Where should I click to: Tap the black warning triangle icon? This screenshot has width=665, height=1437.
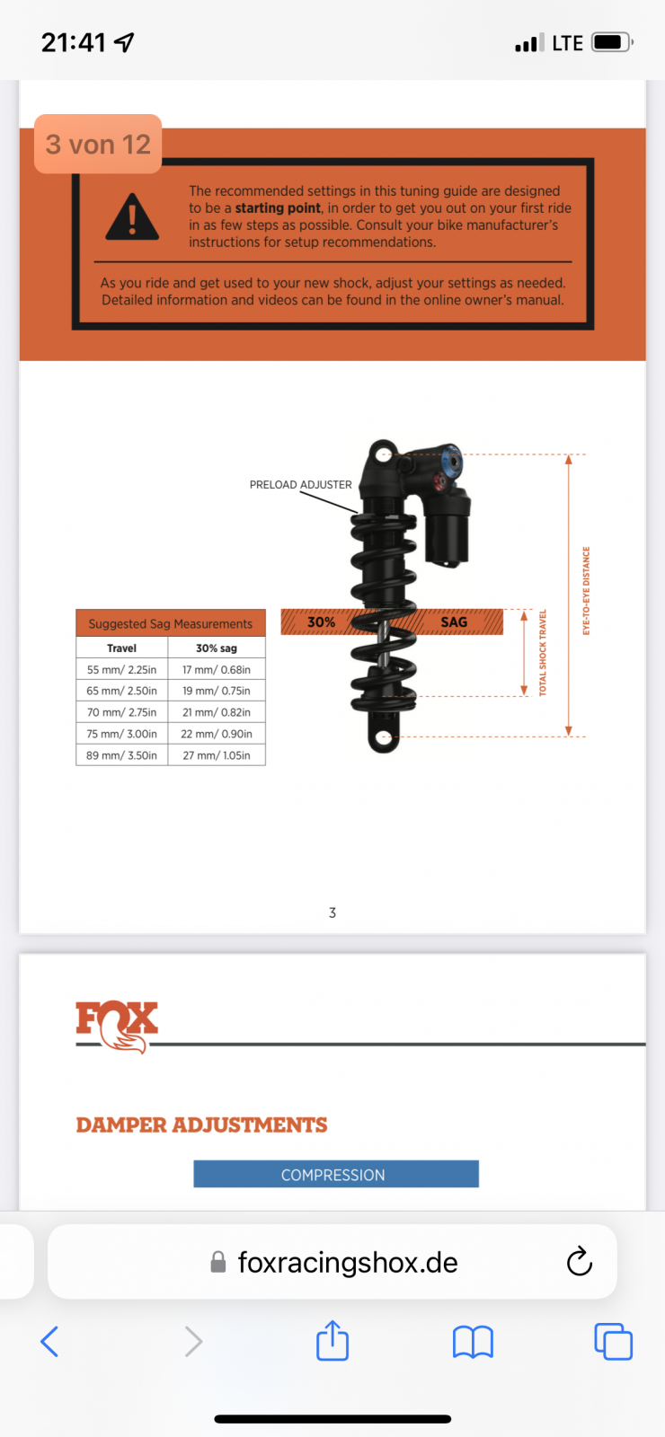click(131, 217)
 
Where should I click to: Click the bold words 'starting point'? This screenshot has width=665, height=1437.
click(278, 207)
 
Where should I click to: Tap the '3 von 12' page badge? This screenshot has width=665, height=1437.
click(98, 144)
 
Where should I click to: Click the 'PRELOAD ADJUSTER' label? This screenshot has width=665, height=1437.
click(300, 484)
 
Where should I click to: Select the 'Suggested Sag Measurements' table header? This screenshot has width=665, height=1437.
click(171, 623)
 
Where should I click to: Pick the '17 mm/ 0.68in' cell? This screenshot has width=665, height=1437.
click(217, 669)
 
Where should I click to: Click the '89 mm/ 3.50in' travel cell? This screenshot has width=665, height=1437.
click(122, 755)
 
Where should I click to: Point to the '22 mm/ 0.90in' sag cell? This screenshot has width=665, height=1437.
click(217, 733)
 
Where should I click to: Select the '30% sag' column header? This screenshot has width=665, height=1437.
click(217, 648)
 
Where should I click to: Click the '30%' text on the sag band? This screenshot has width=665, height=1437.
click(321, 622)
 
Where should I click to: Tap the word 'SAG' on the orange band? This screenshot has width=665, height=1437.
click(454, 622)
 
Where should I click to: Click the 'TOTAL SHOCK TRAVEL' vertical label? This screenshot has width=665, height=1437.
click(543, 652)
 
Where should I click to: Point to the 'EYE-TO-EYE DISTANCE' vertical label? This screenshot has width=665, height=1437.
click(586, 591)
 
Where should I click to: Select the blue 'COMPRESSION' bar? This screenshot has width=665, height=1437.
click(336, 1174)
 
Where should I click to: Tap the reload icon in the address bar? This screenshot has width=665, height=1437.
click(579, 1261)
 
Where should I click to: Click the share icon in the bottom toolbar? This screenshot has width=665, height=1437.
click(332, 1340)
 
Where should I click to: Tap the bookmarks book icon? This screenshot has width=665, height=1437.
click(473, 1342)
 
